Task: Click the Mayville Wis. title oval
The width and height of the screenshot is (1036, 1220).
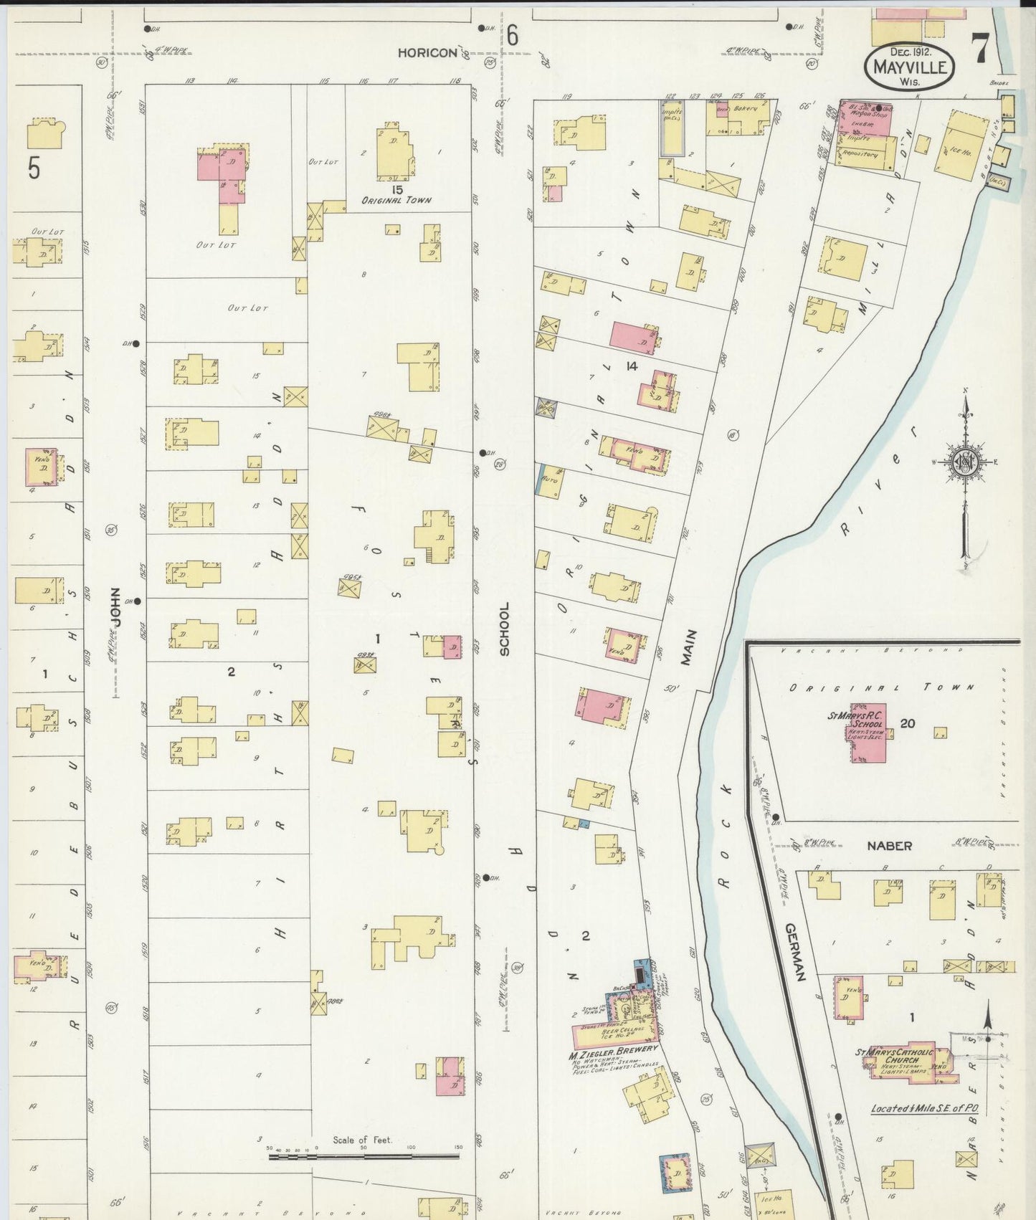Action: [909, 67]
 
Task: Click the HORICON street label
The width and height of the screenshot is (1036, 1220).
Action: [428, 53]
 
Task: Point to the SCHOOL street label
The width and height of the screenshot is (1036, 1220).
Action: [504, 629]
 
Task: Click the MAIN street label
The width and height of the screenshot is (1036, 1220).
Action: [689, 647]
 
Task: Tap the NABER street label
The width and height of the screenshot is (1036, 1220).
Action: [889, 846]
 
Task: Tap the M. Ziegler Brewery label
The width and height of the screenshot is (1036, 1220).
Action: [612, 1049]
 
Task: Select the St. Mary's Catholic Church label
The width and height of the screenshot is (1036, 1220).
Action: [895, 1057]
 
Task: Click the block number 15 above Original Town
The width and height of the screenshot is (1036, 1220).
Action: [396, 189]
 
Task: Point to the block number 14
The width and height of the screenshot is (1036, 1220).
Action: [631, 366]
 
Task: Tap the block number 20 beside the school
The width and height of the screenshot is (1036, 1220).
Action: [907, 723]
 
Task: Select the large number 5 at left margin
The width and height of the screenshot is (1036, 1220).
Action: [34, 168]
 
